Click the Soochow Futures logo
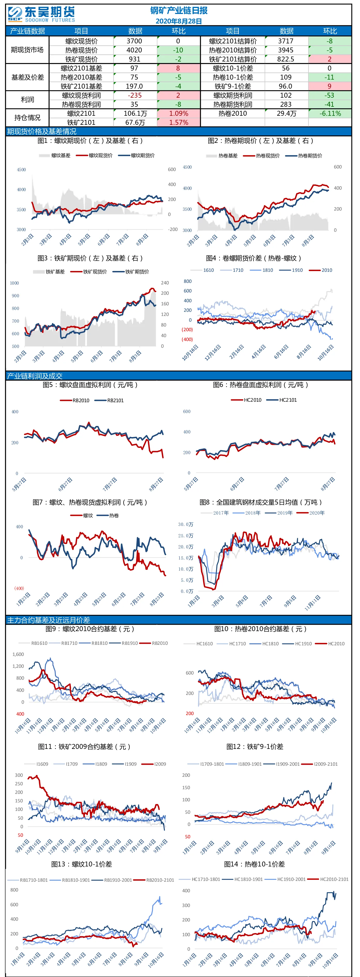tap(41, 14)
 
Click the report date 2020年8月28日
tap(179, 21)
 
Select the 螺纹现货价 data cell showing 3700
tap(135, 41)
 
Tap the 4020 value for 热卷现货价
tap(135, 50)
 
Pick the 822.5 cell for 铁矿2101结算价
tap(286, 59)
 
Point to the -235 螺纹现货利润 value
tap(135, 95)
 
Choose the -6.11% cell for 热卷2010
tap(330, 113)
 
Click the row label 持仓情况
tap(27, 118)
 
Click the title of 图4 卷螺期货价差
tap(254, 258)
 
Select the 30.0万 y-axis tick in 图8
tap(186, 524)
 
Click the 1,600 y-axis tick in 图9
tap(18, 654)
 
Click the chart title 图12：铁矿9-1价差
tap(255, 746)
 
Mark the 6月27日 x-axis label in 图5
tap(65, 485)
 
